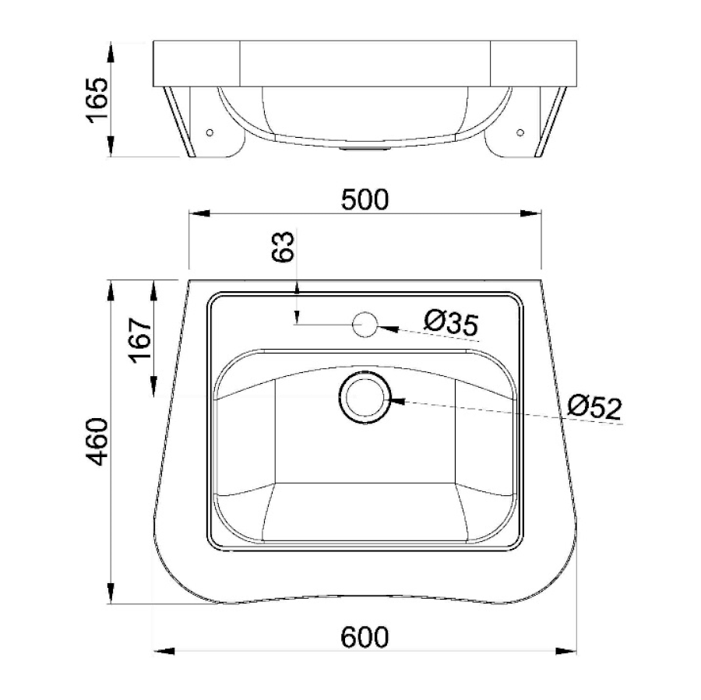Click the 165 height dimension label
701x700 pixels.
(97, 100)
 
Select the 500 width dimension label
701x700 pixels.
(365, 200)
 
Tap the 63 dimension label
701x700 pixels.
(284, 246)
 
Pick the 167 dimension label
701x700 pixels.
(140, 340)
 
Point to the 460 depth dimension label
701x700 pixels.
(97, 441)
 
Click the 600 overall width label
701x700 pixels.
(365, 637)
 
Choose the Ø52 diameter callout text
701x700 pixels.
(594, 406)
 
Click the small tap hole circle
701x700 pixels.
(365, 325)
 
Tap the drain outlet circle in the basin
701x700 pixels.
(365, 398)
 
